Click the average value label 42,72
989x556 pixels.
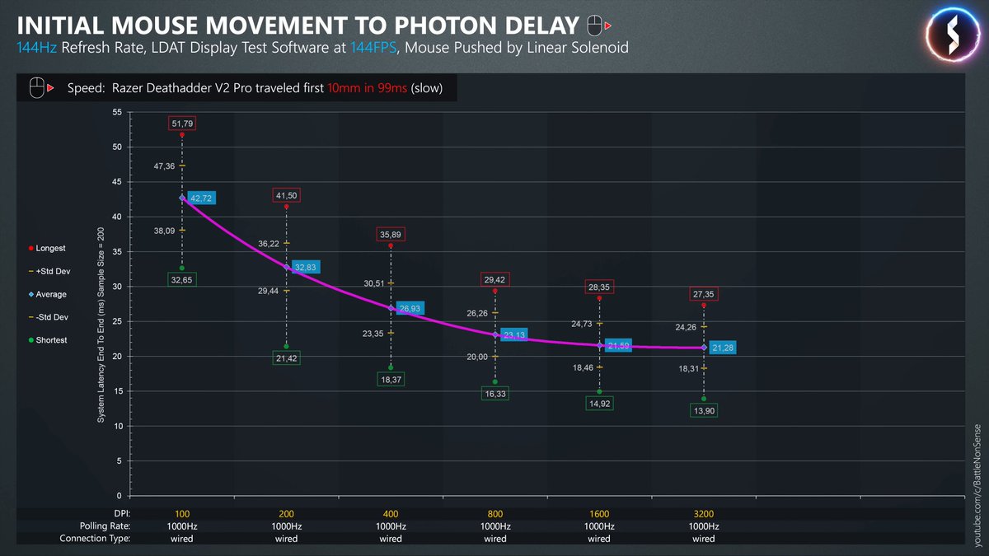pos(201,199)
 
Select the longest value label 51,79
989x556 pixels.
pos(182,124)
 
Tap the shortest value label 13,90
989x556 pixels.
pos(703,410)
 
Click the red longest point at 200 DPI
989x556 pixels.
pos(287,207)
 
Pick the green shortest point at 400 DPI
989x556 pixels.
pos(391,367)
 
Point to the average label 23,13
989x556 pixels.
pos(514,335)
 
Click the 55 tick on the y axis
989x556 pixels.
pos(116,112)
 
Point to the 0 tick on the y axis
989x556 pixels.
pos(119,496)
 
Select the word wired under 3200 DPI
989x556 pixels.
pos(703,539)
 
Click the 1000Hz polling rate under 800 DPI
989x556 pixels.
pos(494,526)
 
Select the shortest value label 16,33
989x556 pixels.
pos(494,395)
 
